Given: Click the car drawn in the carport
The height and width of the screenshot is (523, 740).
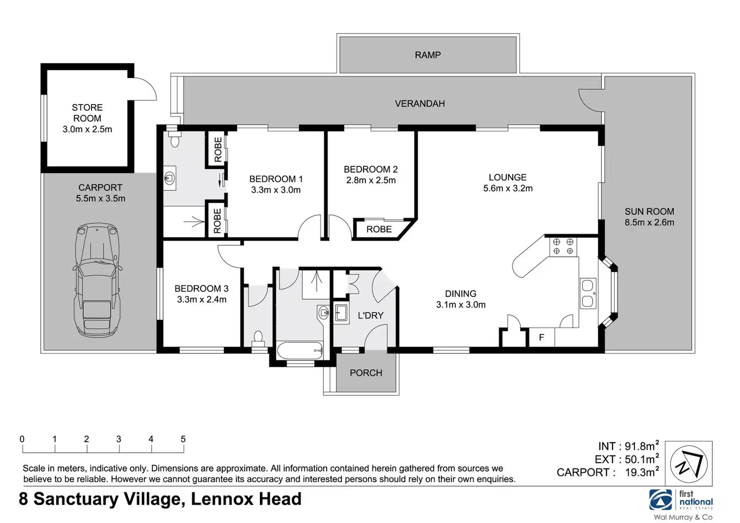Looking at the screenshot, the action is pyautogui.click(x=97, y=280).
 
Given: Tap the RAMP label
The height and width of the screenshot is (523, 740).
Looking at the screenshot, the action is pyautogui.click(x=427, y=55).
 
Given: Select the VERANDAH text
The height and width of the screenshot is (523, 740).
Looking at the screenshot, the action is pyautogui.click(x=420, y=104).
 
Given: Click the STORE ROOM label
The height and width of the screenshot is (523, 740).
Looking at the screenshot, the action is pyautogui.click(x=87, y=113).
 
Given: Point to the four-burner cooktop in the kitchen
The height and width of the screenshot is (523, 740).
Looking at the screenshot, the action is pyautogui.click(x=563, y=246).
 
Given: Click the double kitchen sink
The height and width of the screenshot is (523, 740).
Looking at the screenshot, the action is pyautogui.click(x=588, y=293).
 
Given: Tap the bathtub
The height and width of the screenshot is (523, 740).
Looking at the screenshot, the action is pyautogui.click(x=300, y=351).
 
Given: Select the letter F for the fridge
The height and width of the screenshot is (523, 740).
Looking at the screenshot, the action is pyautogui.click(x=541, y=337).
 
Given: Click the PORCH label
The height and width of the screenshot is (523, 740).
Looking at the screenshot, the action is pyautogui.click(x=365, y=373).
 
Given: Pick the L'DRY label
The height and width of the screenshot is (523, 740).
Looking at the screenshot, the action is pyautogui.click(x=371, y=315).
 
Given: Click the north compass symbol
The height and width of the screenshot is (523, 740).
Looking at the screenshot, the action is pyautogui.click(x=688, y=464).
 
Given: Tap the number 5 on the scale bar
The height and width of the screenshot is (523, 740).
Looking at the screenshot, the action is pyautogui.click(x=183, y=439).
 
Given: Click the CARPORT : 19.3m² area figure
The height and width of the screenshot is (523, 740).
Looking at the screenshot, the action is pyautogui.click(x=608, y=472).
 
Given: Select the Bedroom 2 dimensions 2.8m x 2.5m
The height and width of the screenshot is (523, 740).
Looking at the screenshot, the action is pyautogui.click(x=371, y=181).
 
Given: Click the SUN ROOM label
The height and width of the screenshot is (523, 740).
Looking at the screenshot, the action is pyautogui.click(x=649, y=211).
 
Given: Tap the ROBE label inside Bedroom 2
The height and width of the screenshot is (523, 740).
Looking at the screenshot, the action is pyautogui.click(x=379, y=229).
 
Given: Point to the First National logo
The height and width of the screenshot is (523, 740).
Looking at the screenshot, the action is pyautogui.click(x=681, y=500).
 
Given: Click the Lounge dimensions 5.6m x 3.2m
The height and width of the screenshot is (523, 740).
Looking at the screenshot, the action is pyautogui.click(x=508, y=188).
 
